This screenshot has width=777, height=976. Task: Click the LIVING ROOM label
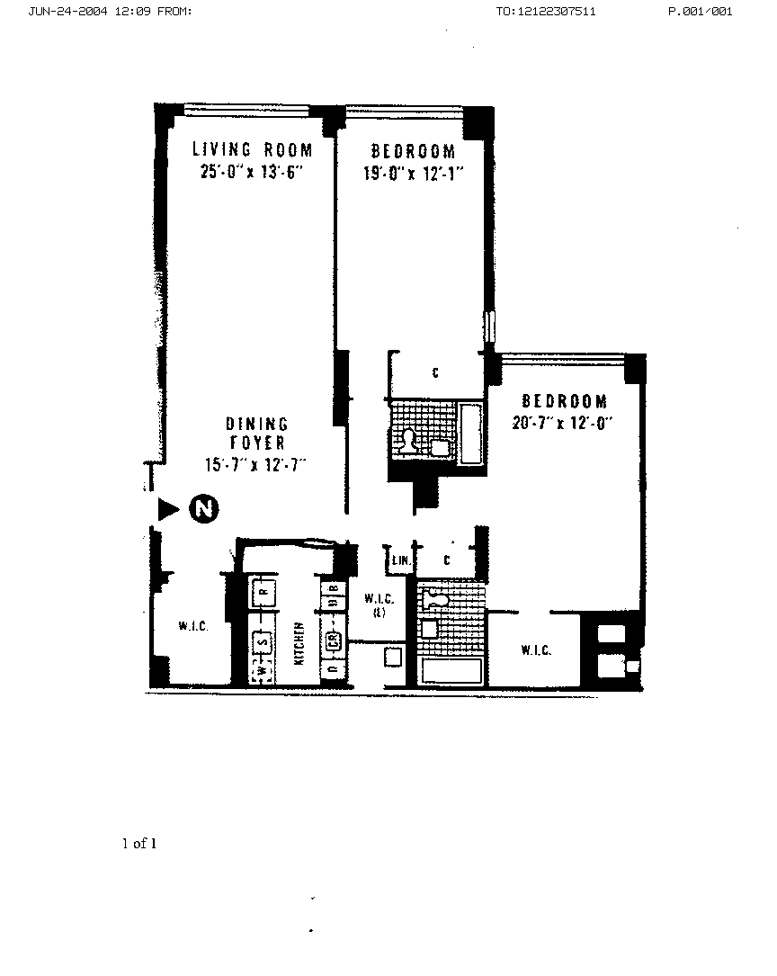click(253, 149)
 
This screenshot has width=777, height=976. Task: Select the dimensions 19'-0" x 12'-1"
click(413, 174)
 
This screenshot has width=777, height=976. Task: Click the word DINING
click(256, 424)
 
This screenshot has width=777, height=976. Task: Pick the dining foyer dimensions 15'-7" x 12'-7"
click(256, 464)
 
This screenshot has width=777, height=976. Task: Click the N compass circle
click(204, 509)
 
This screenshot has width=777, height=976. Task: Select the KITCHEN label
click(297, 643)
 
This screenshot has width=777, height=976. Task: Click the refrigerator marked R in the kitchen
click(263, 593)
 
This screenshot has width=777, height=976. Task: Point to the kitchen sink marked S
click(263, 642)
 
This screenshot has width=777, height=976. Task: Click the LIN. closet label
click(399, 561)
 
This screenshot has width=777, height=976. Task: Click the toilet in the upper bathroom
click(409, 440)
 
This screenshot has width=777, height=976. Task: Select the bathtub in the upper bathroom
click(471, 434)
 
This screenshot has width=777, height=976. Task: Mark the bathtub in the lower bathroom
click(451, 670)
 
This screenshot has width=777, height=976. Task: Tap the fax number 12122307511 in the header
click(545, 12)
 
